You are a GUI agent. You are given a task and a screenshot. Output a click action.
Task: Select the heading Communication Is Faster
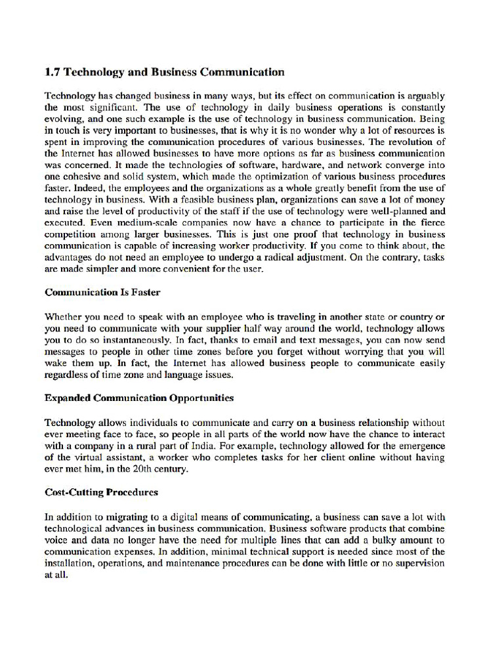102,292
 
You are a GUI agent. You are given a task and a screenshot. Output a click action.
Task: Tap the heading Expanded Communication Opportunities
139,398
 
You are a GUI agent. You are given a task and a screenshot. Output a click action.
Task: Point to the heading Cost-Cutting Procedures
101,492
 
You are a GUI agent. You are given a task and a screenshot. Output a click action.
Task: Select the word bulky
385,540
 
